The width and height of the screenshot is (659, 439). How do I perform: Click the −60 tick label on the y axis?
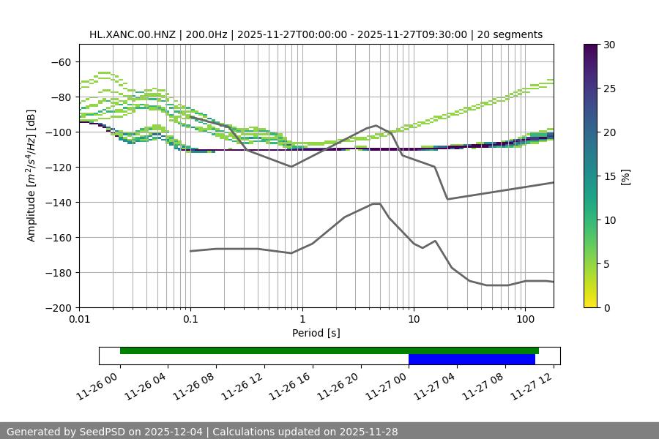pos(60,62)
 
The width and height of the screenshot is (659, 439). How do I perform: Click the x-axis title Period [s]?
pos(316,334)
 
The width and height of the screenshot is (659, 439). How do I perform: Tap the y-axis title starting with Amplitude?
pos(31,176)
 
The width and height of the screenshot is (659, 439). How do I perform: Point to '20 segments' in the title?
pos(510,34)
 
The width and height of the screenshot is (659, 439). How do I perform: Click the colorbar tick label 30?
pos(609,45)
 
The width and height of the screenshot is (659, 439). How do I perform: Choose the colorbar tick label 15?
pos(609,176)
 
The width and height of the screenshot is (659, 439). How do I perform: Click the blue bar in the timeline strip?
pos(472,359)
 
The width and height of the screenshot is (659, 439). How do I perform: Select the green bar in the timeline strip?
pos(329,350)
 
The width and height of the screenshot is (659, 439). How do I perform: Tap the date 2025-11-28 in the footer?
pos(362,432)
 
